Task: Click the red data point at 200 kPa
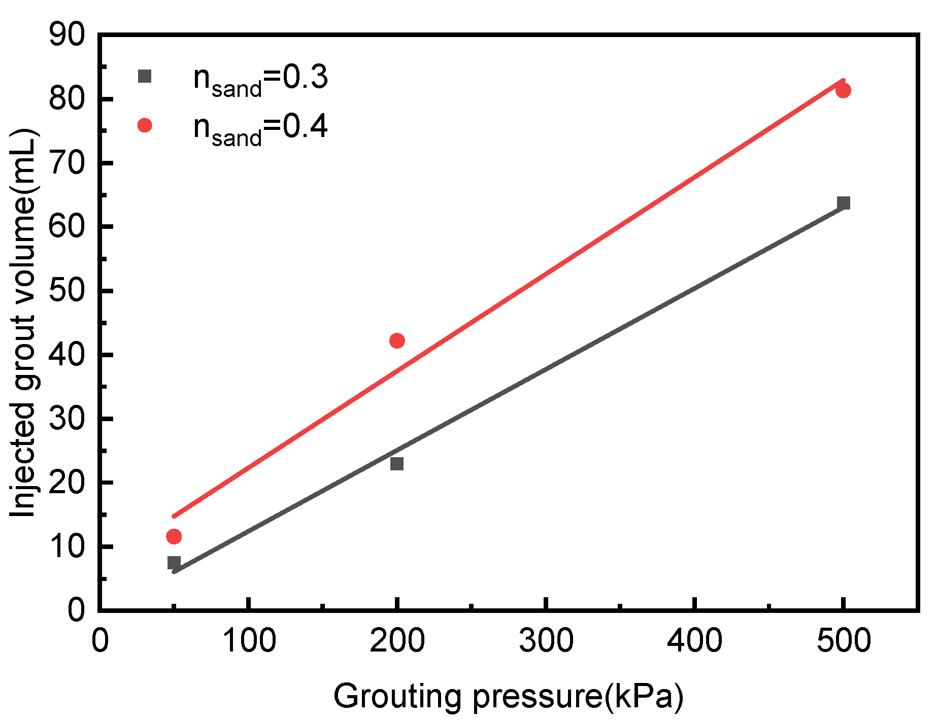coord(397,340)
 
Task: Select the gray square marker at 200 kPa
coord(397,464)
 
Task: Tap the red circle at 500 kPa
coord(843,91)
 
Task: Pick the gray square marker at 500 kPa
coord(844,203)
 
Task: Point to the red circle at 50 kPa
coord(174,536)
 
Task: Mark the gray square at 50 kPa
coord(174,562)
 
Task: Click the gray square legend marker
coord(145,77)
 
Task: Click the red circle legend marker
coord(145,125)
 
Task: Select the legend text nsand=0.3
coord(260,80)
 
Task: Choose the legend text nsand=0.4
coord(260,128)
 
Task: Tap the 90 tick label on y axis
coord(66,35)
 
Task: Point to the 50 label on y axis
coord(66,291)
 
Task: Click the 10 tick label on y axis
coord(66,546)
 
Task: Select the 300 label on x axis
coord(546,640)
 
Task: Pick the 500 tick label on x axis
coord(843,640)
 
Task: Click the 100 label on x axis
coord(249,640)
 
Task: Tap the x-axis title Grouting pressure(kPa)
coord(508,696)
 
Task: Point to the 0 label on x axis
coord(100,640)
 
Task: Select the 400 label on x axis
coord(694,640)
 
